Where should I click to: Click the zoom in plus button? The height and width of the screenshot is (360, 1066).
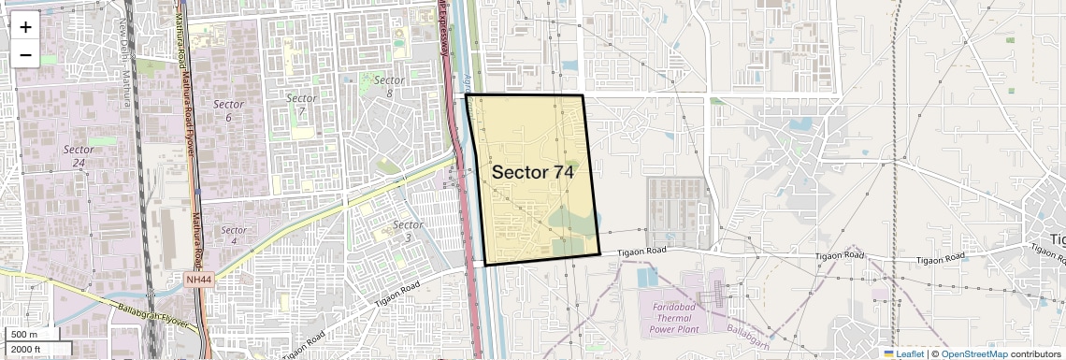pyautogui.click(x=25, y=26)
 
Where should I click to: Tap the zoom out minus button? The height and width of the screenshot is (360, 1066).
pyautogui.click(x=25, y=54)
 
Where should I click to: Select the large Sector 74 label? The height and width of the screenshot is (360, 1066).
pyautogui.click(x=532, y=172)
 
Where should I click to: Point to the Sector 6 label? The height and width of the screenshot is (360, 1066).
pyautogui.click(x=228, y=110)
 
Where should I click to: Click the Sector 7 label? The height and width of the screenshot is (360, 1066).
pyautogui.click(x=301, y=105)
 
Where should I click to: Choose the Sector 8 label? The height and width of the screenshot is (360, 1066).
pyautogui.click(x=389, y=87)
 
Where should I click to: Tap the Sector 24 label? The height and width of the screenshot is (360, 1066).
pyautogui.click(x=79, y=155)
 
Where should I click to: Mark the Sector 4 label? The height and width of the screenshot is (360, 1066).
pyautogui.click(x=234, y=236)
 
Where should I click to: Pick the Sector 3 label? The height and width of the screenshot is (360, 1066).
pyautogui.click(x=408, y=231)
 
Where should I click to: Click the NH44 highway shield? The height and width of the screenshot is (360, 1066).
pyautogui.click(x=197, y=279)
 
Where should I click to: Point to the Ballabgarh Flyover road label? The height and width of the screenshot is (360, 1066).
pyautogui.click(x=154, y=316)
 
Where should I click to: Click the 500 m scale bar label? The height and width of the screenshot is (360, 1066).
pyautogui.click(x=24, y=335)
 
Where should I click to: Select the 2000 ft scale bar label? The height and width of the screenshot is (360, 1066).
pyautogui.click(x=26, y=349)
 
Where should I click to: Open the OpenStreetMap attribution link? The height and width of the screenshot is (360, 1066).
pyautogui.click(x=974, y=353)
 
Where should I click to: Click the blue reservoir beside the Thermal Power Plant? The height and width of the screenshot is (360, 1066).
pyautogui.click(x=646, y=277)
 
